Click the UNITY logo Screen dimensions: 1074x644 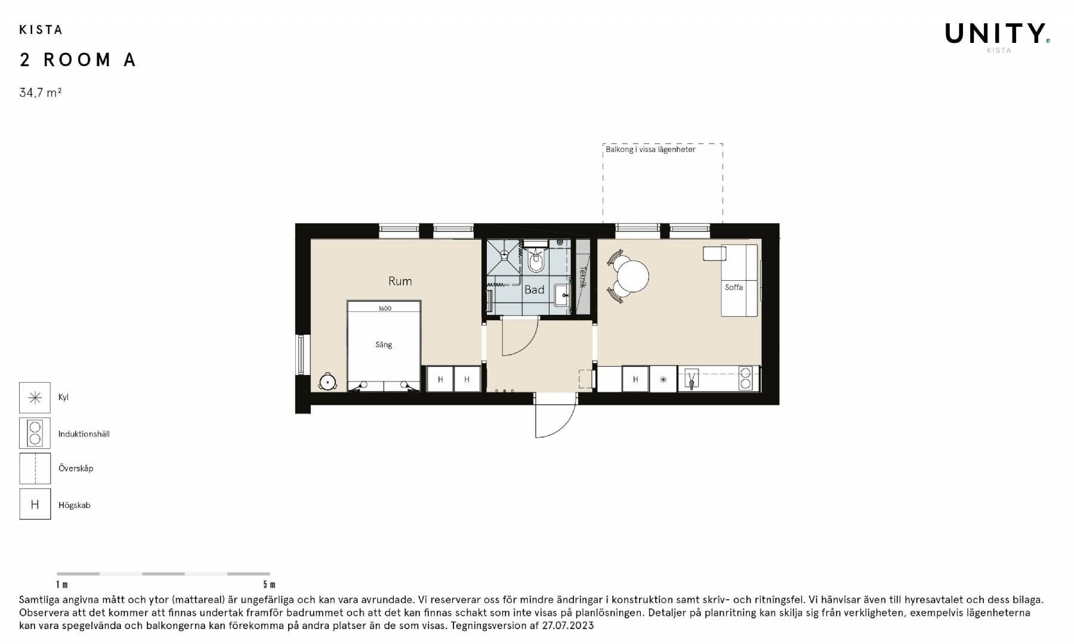pyautogui.click(x=997, y=34)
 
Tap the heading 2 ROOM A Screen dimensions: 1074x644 pyautogui.click(x=78, y=60)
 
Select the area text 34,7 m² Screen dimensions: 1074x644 pyautogui.click(x=41, y=92)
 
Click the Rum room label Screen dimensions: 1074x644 pyautogui.click(x=400, y=281)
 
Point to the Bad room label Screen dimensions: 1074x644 pyautogui.click(x=534, y=290)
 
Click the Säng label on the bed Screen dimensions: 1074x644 pyautogui.click(x=384, y=345)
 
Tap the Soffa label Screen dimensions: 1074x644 pyautogui.click(x=734, y=287)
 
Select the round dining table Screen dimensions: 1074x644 pyautogui.click(x=632, y=276)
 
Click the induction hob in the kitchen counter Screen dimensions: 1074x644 pyautogui.click(x=745, y=379)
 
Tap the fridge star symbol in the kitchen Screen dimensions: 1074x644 pyautogui.click(x=663, y=379)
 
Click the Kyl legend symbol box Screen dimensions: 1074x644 pyautogui.click(x=35, y=398)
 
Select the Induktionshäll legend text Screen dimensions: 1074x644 pyautogui.click(x=84, y=434)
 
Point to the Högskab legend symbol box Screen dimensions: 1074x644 pyautogui.click(x=35, y=504)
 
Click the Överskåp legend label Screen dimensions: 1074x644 pyautogui.click(x=76, y=468)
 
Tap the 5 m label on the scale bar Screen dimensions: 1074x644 pyautogui.click(x=269, y=584)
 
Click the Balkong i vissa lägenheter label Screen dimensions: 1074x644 pyautogui.click(x=650, y=150)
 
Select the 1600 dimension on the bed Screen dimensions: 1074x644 pyautogui.click(x=385, y=308)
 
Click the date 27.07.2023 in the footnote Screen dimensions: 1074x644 pyautogui.click(x=568, y=626)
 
